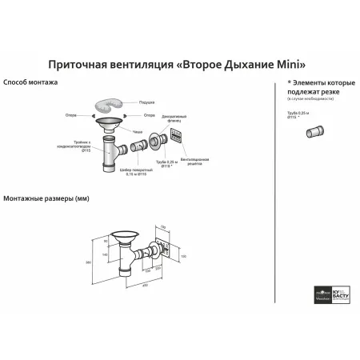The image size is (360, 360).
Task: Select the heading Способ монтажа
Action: click(x=29, y=82)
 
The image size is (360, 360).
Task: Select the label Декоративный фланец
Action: click(x=170, y=118)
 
